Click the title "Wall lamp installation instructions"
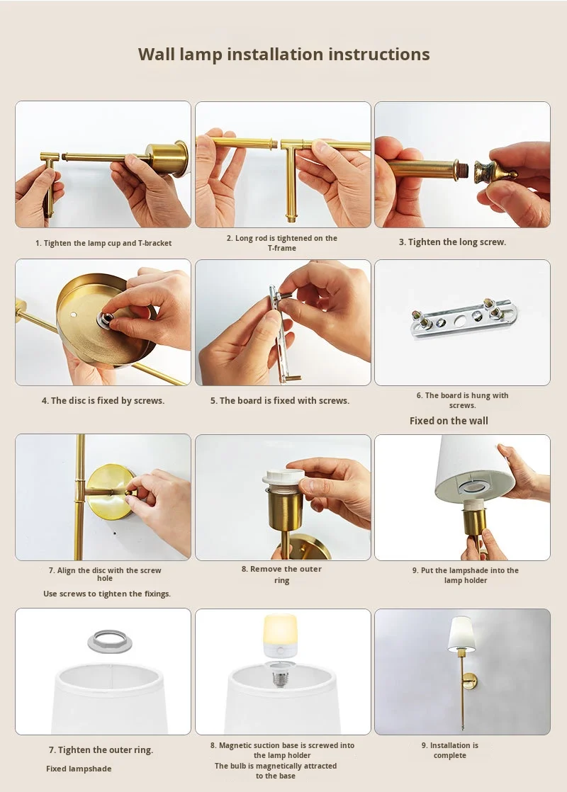pyautogui.click(x=284, y=55)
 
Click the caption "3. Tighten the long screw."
pyautogui.click(x=452, y=242)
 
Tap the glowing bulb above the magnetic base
pyautogui.click(x=281, y=635)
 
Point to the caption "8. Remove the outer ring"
pyautogui.click(x=281, y=575)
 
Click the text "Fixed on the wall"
pyautogui.click(x=449, y=421)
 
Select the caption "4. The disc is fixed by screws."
pyautogui.click(x=103, y=400)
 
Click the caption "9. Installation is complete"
pyautogui.click(x=450, y=750)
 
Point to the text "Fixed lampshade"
pyautogui.click(x=79, y=769)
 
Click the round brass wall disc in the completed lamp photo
pyautogui.click(x=471, y=680)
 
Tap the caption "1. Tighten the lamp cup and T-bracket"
pyautogui.click(x=103, y=243)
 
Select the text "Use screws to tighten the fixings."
pyautogui.click(x=107, y=594)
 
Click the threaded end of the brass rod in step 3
pyautogui.click(x=462, y=170)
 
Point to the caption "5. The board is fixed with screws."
pyautogui.click(x=280, y=400)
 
